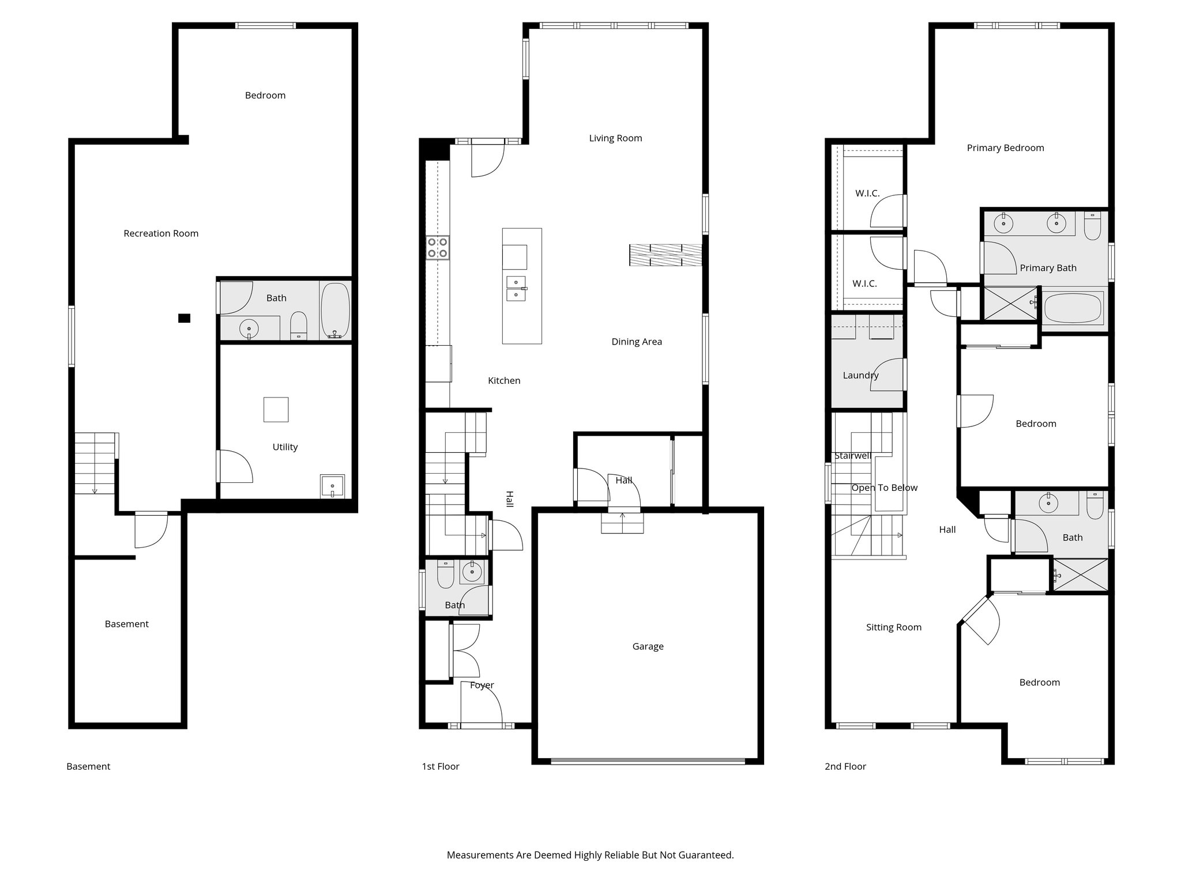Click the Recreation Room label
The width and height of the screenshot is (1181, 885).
[161, 233]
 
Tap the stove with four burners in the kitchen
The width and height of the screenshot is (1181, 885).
[438, 248]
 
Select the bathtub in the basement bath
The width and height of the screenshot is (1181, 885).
[335, 310]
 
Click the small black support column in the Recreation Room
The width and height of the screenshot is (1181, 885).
[184, 318]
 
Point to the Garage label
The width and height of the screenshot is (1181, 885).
[648, 646]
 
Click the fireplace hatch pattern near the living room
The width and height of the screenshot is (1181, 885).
[665, 255]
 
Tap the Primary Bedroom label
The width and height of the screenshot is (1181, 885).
[1005, 148]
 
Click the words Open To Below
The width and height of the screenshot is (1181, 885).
[884, 488]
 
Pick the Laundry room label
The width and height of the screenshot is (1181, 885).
[860, 376]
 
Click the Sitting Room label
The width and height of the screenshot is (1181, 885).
[893, 627]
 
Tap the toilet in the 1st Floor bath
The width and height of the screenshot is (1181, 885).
[445, 575]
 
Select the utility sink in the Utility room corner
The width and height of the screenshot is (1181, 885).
[332, 486]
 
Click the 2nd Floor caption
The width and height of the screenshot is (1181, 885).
[845, 766]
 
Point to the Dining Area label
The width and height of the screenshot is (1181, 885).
[637, 342]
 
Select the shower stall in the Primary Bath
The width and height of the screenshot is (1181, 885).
[1010, 303]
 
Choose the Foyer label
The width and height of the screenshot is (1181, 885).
[482, 685]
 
